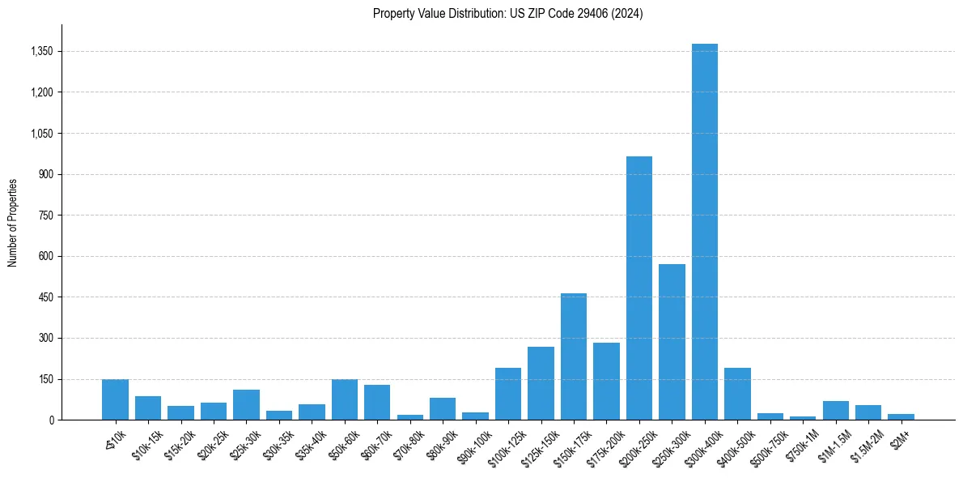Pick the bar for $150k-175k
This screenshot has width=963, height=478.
573,356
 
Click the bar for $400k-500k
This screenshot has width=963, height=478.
737,394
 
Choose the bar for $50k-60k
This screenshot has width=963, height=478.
344,399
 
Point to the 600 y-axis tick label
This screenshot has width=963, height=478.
45,256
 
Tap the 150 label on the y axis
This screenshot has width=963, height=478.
45,379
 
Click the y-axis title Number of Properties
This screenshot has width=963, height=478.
12,222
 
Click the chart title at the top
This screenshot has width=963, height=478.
507,14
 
